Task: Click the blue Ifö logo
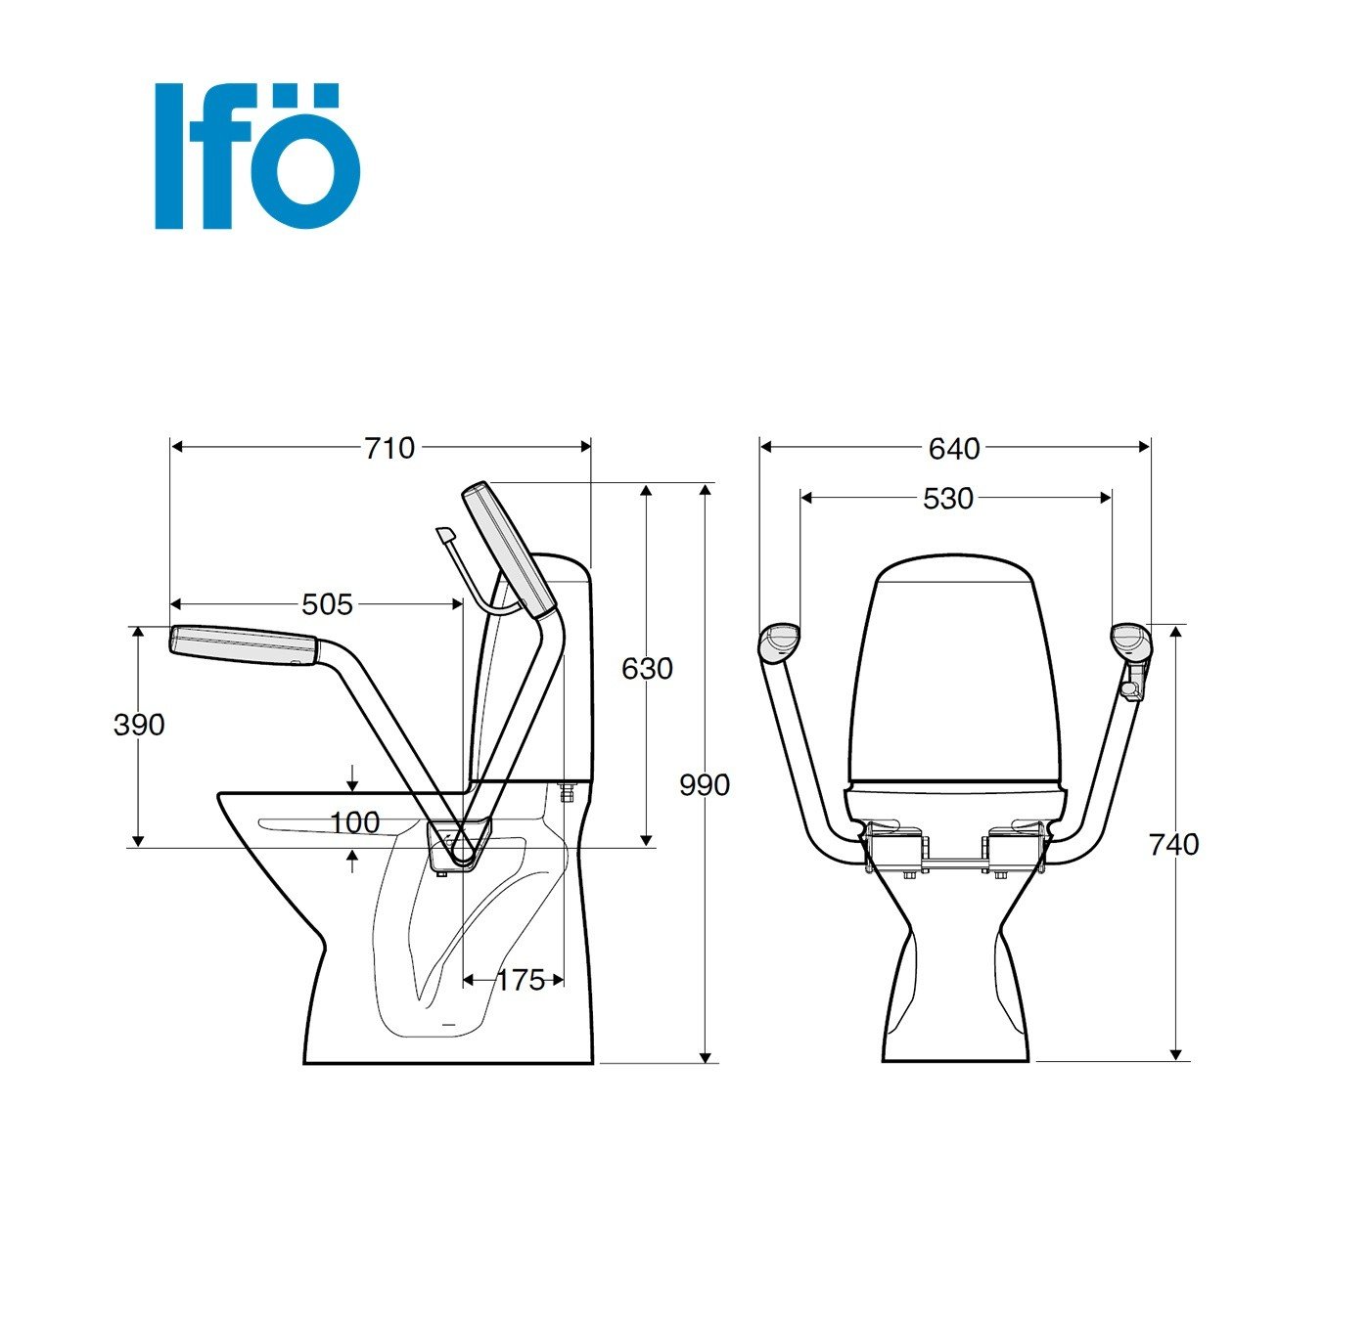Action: (x=257, y=156)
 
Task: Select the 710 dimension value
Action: (x=389, y=448)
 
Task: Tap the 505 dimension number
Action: (x=327, y=604)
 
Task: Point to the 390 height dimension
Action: (x=139, y=725)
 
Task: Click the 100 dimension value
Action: (x=355, y=822)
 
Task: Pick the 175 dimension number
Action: (x=521, y=980)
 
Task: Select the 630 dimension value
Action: (x=647, y=668)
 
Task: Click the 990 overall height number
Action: (x=704, y=785)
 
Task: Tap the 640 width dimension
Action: (x=954, y=448)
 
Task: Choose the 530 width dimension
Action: (x=948, y=499)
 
